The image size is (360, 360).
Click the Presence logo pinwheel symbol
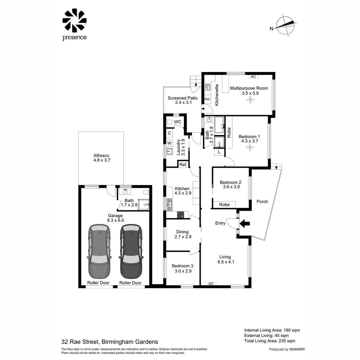(74, 20)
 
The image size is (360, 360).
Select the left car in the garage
(99, 251)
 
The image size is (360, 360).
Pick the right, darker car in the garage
(131, 251)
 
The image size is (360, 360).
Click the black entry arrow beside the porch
(245, 223)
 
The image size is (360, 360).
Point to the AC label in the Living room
(211, 284)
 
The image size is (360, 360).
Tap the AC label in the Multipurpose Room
(253, 77)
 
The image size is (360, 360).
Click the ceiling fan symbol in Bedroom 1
(250, 147)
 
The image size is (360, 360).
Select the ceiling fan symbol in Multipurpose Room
(250, 99)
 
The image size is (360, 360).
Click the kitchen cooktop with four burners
(180, 215)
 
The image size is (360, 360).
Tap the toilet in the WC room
(169, 122)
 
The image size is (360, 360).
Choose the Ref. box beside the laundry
(183, 164)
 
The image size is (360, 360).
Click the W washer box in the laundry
(169, 143)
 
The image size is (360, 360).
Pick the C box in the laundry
(169, 133)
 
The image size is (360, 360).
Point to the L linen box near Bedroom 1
(219, 152)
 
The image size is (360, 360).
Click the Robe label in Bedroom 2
(224, 205)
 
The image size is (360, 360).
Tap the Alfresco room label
(101, 155)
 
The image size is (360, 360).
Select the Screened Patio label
(183, 98)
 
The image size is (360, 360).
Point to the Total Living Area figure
(270, 341)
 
